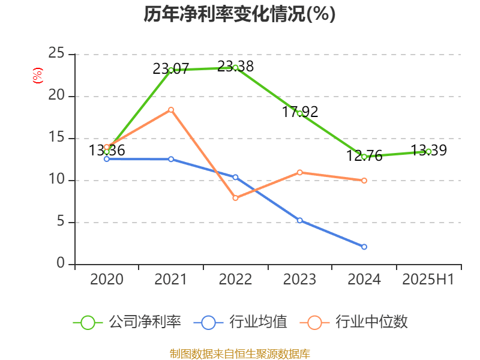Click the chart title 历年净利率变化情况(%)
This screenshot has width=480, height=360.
point(239,14)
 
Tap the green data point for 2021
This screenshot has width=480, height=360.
point(171,70)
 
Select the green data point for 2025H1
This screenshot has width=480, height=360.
point(428,152)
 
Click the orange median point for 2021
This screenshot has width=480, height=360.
point(171,109)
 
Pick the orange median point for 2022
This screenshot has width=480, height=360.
point(235,198)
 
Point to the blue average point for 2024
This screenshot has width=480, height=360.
point(364,247)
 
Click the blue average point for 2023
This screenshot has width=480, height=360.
point(299,220)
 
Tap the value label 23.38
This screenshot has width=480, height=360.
point(235,67)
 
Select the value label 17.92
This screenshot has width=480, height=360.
point(300,112)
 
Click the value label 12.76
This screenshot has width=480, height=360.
point(364,156)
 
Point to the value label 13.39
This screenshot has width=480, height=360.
point(428,150)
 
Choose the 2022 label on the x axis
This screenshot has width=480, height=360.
point(235,280)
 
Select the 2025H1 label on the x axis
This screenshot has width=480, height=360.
point(428,280)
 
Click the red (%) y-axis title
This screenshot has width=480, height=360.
point(37,76)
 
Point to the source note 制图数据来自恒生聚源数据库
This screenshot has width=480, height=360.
point(239,353)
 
